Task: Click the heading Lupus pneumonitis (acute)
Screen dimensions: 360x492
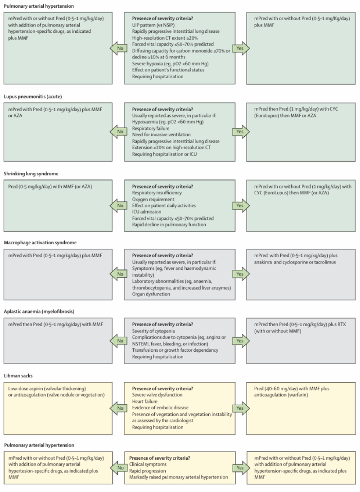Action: click(33, 97)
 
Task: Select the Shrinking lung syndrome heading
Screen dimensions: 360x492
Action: click(31, 174)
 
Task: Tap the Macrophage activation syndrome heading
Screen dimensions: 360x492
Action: click(40, 242)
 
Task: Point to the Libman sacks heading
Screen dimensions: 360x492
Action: click(18, 376)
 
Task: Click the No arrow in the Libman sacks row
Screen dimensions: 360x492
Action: click(118, 408)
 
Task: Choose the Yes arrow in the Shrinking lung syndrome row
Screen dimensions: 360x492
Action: click(241, 206)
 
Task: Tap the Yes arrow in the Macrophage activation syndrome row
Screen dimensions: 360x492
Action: click(241, 274)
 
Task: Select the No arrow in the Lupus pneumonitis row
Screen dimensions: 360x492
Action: click(118, 132)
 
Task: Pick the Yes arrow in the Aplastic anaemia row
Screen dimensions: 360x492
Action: click(241, 341)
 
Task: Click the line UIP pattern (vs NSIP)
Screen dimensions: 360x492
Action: click(153, 25)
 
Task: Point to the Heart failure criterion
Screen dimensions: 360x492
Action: click(145, 401)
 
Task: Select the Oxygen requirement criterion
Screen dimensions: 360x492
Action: click(153, 199)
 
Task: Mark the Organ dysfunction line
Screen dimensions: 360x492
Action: click(151, 294)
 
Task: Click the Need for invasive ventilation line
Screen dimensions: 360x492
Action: click(162, 134)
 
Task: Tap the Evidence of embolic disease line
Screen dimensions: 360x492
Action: click(160, 407)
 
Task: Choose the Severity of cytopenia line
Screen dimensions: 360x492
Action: click(153, 331)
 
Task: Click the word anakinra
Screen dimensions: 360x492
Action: click(263, 262)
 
